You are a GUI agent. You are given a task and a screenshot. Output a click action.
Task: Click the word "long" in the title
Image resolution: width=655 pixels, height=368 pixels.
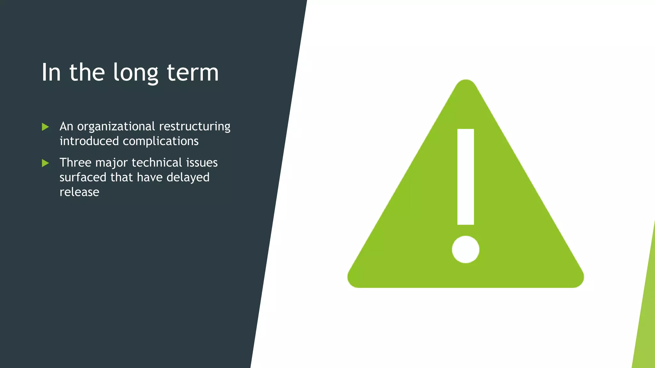click(136, 73)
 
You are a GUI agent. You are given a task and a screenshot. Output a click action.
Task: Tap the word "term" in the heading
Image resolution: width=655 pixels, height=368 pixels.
click(193, 73)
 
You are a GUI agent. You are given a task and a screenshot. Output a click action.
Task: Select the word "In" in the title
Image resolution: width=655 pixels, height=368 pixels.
click(51, 73)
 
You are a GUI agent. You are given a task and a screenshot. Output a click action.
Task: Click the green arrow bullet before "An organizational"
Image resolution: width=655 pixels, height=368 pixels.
click(45, 127)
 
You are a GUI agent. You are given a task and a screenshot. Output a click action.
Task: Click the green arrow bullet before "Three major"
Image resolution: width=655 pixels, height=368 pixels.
click(45, 163)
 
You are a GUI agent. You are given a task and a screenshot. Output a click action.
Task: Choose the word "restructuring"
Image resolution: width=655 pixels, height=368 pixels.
click(194, 127)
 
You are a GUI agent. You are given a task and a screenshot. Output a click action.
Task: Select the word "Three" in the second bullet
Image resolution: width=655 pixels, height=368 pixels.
click(75, 163)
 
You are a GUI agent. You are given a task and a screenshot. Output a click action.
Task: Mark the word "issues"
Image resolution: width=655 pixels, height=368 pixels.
click(202, 163)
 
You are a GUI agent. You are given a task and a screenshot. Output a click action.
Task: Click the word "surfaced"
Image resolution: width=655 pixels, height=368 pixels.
click(83, 177)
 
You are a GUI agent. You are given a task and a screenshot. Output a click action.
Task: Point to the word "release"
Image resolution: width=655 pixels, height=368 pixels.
click(79, 192)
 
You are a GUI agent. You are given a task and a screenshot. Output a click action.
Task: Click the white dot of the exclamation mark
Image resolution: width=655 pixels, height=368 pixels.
click(465, 249)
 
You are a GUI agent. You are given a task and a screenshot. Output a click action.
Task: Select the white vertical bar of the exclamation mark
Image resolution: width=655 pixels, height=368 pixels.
click(465, 177)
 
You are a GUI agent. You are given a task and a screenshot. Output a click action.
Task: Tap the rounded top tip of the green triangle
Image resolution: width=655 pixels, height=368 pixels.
click(466, 83)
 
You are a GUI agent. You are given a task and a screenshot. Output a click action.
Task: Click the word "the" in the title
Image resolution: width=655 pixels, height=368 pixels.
click(87, 73)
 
